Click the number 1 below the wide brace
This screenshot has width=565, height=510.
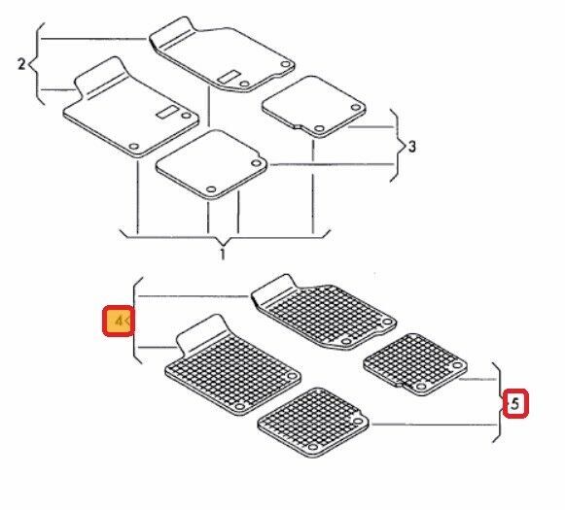pos(223,254)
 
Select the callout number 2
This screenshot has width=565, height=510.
pos(21,64)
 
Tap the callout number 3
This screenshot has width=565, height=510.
pos(411,147)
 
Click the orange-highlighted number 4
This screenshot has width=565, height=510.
pos(119,321)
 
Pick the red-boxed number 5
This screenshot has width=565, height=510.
pos(515,404)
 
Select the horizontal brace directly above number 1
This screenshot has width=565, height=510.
pos(225,237)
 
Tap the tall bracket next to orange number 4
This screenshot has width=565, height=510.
pos(134,321)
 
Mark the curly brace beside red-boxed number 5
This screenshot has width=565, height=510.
pos(499,402)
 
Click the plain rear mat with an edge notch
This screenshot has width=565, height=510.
pos(314,107)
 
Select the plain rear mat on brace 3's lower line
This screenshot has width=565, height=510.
pos(212,164)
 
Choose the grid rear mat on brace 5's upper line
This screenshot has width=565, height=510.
pos(415,364)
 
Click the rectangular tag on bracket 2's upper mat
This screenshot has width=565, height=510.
pos(230,77)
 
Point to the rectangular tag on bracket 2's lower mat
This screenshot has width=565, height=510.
pos(167,112)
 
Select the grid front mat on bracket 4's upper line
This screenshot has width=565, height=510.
pos(324,312)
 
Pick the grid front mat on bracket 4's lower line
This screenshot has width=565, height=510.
pos(232,365)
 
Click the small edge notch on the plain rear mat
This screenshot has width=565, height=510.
pos(298,126)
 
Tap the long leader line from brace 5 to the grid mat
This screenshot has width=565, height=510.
pos(434,425)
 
